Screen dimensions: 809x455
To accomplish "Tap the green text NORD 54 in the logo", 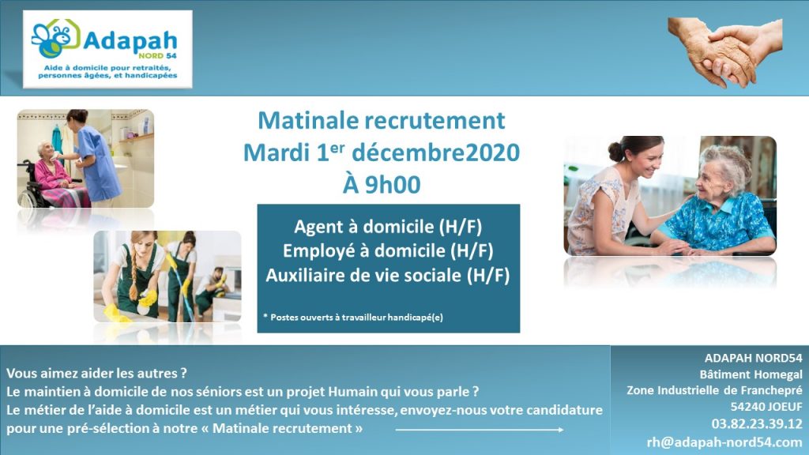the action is [157, 56].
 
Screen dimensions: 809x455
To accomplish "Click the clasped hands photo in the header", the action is [725, 52].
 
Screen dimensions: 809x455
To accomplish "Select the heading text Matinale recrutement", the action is [382, 121].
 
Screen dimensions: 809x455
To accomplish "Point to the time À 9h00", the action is [382, 184].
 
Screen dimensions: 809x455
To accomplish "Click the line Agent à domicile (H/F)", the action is [388, 227].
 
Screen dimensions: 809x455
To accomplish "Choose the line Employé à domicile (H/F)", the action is [388, 250].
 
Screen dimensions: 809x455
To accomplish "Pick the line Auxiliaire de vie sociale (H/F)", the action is [388, 276].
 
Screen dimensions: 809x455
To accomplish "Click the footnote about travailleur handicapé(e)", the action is [353, 318].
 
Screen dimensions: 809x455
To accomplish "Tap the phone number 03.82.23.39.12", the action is [757, 424].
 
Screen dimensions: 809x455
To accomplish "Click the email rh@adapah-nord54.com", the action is [724, 442].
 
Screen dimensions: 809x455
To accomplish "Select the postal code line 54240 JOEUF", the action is [766, 407].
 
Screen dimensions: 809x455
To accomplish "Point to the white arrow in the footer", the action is [480, 429].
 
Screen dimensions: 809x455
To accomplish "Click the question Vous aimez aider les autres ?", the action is [96, 373].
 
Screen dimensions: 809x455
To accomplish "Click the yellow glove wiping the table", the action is [117, 313].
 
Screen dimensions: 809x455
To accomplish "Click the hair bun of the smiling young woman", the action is [615, 151].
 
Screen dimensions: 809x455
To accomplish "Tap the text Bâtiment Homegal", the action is [751, 374].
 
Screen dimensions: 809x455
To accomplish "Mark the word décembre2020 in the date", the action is [435, 152].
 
